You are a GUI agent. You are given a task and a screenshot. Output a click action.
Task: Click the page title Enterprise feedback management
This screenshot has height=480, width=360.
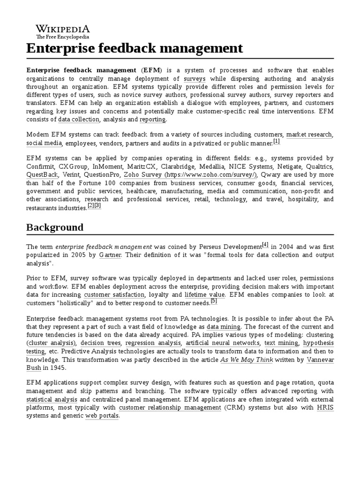click(135, 48)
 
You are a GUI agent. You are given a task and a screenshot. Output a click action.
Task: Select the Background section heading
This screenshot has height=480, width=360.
click(55, 227)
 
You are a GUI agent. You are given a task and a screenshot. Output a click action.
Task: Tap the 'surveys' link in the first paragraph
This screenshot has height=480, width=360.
click(195, 79)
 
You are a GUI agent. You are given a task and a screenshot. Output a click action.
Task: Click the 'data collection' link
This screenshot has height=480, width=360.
click(79, 120)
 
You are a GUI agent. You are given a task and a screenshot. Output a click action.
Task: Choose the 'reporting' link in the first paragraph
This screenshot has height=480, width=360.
click(152, 120)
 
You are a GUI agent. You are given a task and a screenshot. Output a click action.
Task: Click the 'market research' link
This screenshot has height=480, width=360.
click(309, 135)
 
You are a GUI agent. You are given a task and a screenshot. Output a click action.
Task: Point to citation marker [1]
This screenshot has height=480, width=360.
click(276, 141)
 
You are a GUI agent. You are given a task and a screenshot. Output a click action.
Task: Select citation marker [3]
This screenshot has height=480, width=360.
click(97, 206)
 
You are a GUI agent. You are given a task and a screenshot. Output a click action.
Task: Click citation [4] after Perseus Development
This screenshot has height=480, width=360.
click(265, 245)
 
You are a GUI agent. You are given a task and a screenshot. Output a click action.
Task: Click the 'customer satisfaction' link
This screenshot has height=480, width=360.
click(114, 295)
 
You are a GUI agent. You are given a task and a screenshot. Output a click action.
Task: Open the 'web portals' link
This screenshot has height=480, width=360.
click(102, 416)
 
